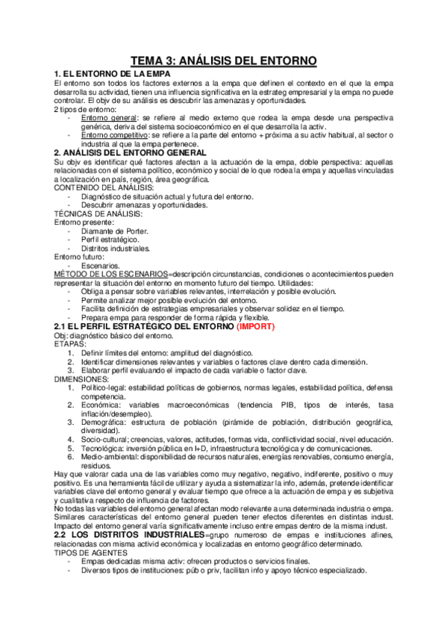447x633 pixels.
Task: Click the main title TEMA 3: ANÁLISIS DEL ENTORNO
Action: coord(223,60)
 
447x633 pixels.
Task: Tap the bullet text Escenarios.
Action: coord(100,266)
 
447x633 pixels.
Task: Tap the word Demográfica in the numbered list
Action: coord(104,422)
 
